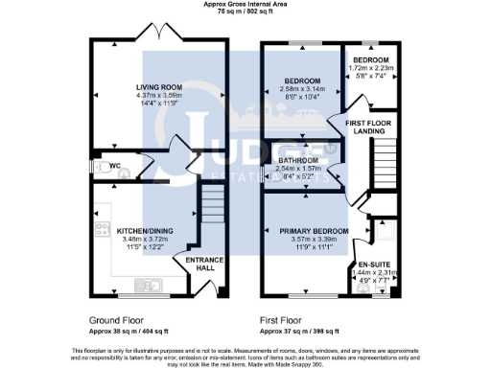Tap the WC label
click(114, 165)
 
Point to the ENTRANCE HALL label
click(202, 264)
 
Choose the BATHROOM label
click(297, 160)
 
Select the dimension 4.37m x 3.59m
click(157, 96)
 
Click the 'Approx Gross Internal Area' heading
click(245, 5)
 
